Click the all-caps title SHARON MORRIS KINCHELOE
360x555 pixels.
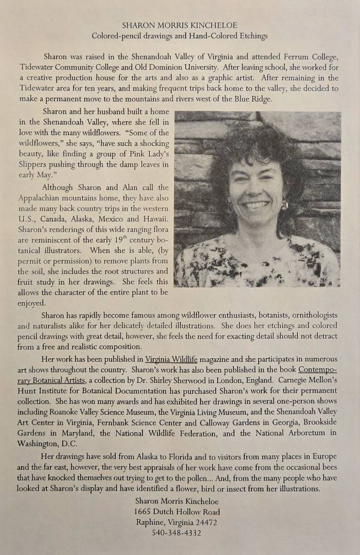179,25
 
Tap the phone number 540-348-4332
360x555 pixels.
176,533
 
